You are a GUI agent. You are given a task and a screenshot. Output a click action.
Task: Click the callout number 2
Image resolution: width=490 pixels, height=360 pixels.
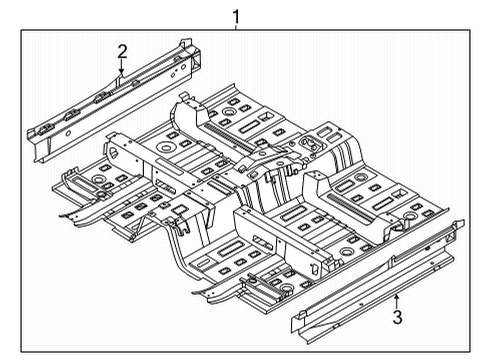[122, 50]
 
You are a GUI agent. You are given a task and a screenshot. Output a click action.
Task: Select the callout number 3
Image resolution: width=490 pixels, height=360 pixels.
[397, 318]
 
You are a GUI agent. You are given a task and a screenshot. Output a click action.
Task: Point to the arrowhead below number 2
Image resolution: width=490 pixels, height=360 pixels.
[122, 75]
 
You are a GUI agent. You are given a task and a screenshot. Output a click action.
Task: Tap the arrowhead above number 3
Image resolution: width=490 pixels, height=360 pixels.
[397, 296]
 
